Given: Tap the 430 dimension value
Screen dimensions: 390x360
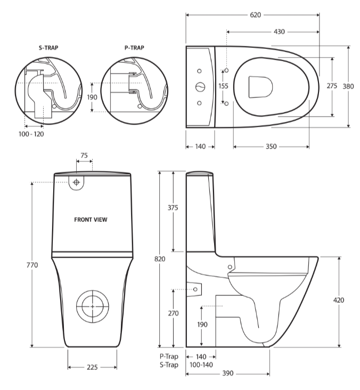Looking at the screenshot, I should click(x=279, y=32).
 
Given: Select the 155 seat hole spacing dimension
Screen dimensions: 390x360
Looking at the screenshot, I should click(x=224, y=86).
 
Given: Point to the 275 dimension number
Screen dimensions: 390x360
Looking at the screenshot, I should click(x=332, y=86).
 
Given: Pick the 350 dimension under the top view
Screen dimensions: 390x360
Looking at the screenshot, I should click(x=271, y=146).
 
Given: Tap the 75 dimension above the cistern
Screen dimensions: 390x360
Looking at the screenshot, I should click(x=84, y=155).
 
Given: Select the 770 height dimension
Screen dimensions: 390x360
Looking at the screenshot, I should click(x=32, y=264).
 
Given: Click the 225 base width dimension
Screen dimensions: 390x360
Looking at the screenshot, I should click(x=93, y=367).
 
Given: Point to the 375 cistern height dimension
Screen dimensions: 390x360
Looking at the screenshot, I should click(x=173, y=208).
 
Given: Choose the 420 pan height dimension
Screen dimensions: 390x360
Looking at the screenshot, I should click(x=339, y=300).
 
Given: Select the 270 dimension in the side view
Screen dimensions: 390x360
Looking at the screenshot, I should click(x=173, y=313).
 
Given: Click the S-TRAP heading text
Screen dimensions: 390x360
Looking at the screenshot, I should click(x=48, y=47).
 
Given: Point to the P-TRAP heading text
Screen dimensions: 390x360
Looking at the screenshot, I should click(x=134, y=47).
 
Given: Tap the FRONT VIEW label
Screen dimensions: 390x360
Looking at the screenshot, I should click(x=92, y=219).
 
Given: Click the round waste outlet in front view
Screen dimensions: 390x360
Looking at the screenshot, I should click(x=93, y=307).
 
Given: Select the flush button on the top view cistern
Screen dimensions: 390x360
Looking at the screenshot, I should click(x=200, y=87).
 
